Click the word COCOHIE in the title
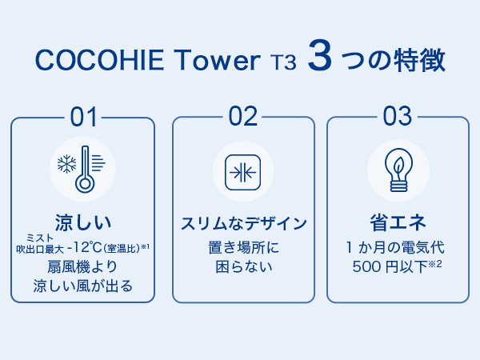click(100, 60)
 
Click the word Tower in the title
click(218, 60)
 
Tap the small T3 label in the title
click(284, 62)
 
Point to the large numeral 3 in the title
click(320, 55)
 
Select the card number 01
click(83, 117)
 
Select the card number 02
click(243, 116)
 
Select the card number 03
click(398, 116)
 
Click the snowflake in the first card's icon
click(66, 164)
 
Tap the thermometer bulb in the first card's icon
click(85, 183)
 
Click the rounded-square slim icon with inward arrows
click(242, 172)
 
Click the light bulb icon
click(398, 170)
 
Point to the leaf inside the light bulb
click(398, 166)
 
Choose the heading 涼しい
click(82, 222)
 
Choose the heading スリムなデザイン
click(243, 223)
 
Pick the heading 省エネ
click(398, 222)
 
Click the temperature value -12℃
click(84, 247)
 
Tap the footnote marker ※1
click(145, 246)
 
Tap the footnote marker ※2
click(435, 263)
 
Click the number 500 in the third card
click(366, 266)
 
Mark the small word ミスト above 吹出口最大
click(40, 238)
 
